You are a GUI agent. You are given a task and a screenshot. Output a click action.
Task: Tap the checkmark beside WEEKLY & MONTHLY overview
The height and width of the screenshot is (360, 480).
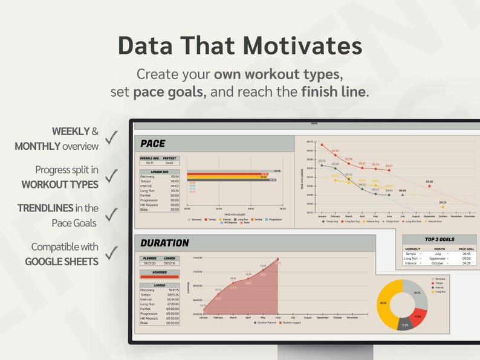coord(111,138)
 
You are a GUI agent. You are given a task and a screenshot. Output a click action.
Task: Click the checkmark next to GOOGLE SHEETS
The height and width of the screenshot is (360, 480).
coord(111,254)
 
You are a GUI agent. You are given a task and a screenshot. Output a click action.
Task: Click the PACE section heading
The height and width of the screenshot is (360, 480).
coord(153,143)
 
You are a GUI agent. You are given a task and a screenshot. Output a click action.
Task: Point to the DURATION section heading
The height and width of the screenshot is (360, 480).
coord(164,243)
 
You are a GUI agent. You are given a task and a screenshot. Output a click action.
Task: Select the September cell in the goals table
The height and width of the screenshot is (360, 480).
coord(438,259)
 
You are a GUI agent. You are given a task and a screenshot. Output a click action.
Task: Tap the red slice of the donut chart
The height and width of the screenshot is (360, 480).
coord(418,316)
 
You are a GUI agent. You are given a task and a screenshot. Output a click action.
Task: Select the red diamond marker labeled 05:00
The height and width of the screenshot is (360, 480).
coord(429,186)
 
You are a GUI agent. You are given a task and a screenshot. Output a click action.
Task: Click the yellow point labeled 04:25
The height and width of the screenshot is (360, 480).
coord(443,207)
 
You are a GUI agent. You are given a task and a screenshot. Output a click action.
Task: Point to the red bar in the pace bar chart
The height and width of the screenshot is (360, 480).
coord(227,174)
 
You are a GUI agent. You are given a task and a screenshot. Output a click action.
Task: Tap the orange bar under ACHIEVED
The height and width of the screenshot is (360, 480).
coord(160,277)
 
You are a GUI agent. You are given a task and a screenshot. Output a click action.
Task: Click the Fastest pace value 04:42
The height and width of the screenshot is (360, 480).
coord(170,162)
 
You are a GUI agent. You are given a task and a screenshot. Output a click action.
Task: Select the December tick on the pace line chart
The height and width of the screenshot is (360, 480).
coord(470,216)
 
